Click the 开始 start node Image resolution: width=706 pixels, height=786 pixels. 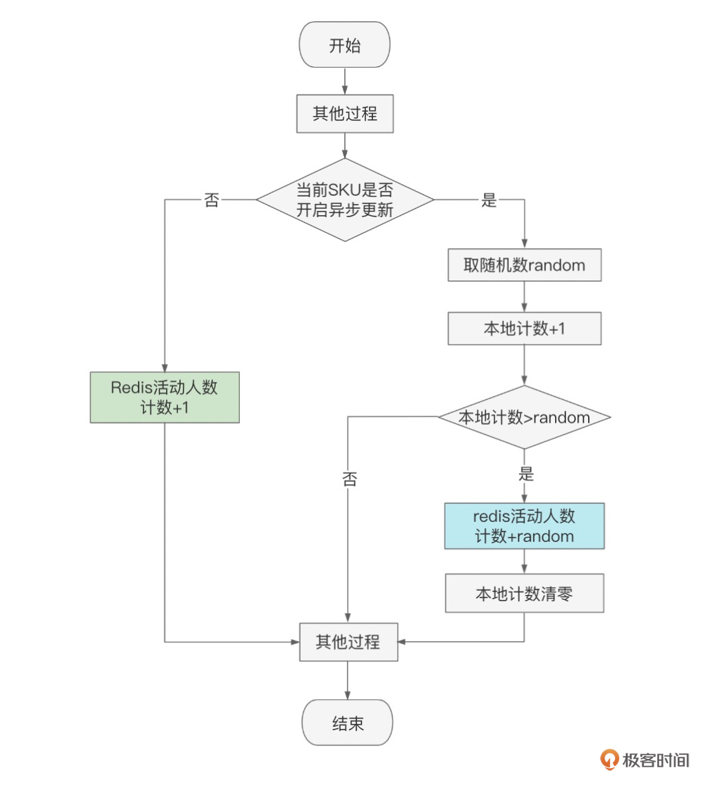coord(345,45)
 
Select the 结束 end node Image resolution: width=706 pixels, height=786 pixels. coord(347,723)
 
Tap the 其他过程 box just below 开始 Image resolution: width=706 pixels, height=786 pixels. coord(345,114)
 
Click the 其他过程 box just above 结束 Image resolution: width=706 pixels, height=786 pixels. coord(348,642)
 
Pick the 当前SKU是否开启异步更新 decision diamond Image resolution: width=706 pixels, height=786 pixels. coord(345,200)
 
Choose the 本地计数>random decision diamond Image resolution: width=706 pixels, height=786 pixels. coord(524,417)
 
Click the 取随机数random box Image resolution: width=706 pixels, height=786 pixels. coord(524,265)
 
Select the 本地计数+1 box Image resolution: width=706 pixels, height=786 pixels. coord(524,329)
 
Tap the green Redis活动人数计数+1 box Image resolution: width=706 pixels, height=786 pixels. coord(165,397)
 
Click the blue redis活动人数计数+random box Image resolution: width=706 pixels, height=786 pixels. coord(524,526)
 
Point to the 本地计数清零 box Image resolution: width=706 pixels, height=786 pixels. coord(524,593)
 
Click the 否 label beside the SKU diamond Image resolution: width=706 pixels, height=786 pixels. coord(212,200)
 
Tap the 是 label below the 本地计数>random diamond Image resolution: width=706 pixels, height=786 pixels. coord(525,474)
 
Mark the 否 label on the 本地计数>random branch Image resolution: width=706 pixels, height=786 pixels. coord(350,479)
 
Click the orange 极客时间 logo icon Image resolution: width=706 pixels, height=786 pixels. coord(609,759)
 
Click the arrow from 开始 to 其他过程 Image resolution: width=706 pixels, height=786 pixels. coord(345,81)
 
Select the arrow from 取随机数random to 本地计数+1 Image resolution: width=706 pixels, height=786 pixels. coord(524,297)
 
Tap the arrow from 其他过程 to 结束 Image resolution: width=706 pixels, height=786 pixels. coord(347,681)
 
